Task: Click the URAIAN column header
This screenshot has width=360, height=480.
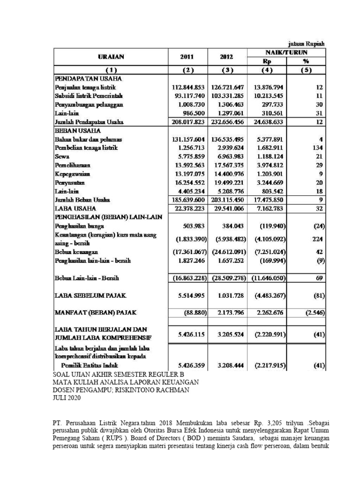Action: point(111,57)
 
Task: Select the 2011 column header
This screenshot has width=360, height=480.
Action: point(187,57)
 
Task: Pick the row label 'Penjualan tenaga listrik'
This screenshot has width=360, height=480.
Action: point(84,87)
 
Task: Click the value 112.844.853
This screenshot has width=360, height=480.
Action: point(187,87)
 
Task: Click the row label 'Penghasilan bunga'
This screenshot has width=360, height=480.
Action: point(77,225)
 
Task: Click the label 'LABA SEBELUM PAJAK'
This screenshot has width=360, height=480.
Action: point(90,295)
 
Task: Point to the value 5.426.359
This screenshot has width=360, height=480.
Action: point(187,365)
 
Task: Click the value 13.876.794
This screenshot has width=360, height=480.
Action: point(268,87)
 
